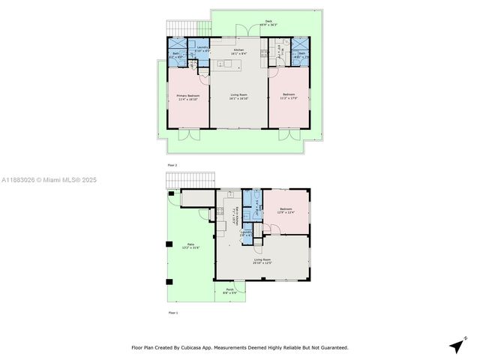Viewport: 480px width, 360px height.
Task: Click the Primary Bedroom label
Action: point(188,97)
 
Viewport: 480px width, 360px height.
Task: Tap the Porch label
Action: point(229,291)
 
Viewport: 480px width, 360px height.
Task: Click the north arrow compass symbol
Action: point(455,346)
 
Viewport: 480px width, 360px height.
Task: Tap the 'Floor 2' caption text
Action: point(172,164)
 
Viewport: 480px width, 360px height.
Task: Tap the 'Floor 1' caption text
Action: point(172,312)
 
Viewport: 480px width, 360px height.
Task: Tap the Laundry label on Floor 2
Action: point(202,49)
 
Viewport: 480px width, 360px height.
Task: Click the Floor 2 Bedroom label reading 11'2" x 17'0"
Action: point(289,97)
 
